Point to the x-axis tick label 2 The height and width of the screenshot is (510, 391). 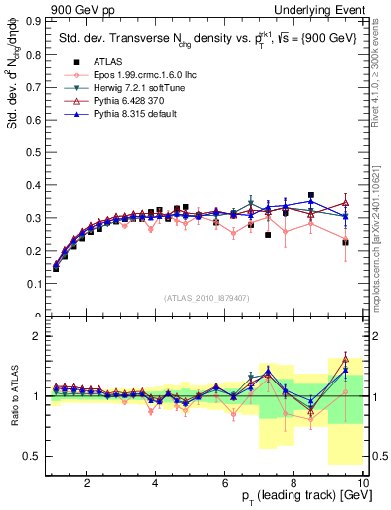pyautogui.click(x=87, y=483)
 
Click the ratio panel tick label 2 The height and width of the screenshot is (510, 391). pyautogui.click(x=38, y=336)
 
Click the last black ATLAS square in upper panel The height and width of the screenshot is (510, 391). pyautogui.click(x=345, y=241)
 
